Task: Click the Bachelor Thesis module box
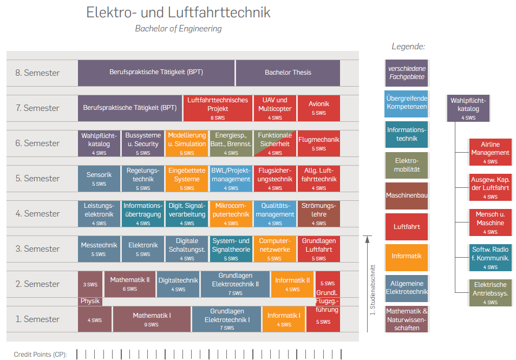pyautogui.click(x=288, y=73)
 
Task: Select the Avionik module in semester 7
pyautogui.click(x=319, y=108)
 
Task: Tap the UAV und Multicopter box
pyautogui.click(x=275, y=108)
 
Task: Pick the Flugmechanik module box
pyautogui.click(x=319, y=143)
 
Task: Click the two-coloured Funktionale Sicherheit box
pyautogui.click(x=275, y=143)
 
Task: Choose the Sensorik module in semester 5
pyautogui.click(x=99, y=179)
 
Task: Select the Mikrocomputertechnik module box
pyautogui.click(x=231, y=214)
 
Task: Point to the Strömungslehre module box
pyautogui.click(x=319, y=214)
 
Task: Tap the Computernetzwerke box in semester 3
pyautogui.click(x=275, y=249)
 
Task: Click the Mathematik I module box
pyautogui.click(x=152, y=319)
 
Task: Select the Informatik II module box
pyautogui.click(x=292, y=284)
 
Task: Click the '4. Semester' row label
pyautogui.click(x=37, y=214)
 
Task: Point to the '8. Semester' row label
pyautogui.click(x=37, y=73)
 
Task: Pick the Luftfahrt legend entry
pyautogui.click(x=407, y=227)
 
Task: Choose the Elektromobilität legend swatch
pyautogui.click(x=407, y=165)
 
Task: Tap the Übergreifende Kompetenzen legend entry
pyautogui.click(x=407, y=103)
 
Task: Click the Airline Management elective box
pyautogui.click(x=491, y=152)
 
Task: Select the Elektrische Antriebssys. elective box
pyautogui.click(x=491, y=292)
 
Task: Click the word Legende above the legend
pyautogui.click(x=408, y=47)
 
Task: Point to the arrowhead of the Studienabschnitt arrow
pyautogui.click(x=367, y=239)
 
